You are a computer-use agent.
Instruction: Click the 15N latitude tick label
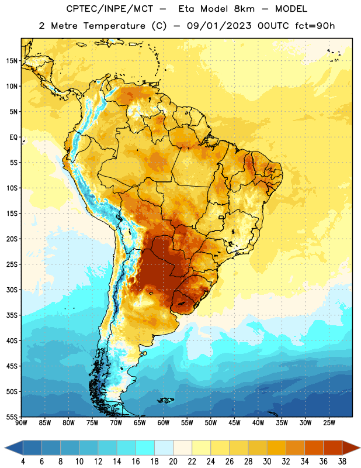[x=12, y=61]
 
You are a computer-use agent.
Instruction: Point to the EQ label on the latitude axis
[x=13, y=137]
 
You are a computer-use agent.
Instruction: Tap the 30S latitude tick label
[x=12, y=290]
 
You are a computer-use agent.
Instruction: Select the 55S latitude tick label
[x=12, y=417]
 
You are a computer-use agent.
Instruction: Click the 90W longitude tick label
[x=21, y=423]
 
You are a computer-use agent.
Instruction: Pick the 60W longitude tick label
[x=164, y=423]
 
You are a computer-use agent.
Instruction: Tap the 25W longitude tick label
[x=329, y=423]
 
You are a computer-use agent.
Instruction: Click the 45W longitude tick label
[x=234, y=423]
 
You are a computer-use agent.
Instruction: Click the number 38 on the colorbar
[x=342, y=462]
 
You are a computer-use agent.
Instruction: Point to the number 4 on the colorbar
[x=23, y=462]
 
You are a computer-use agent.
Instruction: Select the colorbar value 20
[x=173, y=462]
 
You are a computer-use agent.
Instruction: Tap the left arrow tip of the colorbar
[x=5, y=448]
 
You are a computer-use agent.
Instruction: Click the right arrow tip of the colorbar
[x=360, y=448]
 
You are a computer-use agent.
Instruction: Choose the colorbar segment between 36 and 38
[x=333, y=448]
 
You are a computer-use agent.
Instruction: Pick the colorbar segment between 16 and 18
[x=145, y=448]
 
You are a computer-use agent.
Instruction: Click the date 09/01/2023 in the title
[x=219, y=26]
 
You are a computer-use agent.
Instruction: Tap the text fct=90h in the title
[x=315, y=26]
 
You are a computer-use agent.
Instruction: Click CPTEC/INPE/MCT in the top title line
[x=110, y=9]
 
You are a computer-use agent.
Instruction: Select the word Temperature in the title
[x=114, y=26]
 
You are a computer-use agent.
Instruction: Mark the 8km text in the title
[x=244, y=9]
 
